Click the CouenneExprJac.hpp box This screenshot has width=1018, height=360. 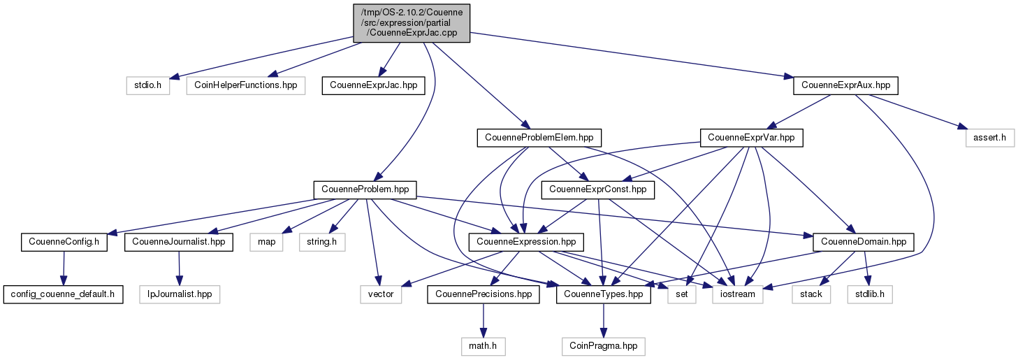(x=372, y=86)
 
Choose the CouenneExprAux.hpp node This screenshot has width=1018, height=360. (x=845, y=86)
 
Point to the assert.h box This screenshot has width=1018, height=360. (x=989, y=138)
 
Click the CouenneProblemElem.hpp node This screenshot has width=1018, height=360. (x=539, y=138)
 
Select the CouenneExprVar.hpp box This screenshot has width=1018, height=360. (x=752, y=138)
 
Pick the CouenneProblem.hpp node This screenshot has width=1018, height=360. (x=365, y=189)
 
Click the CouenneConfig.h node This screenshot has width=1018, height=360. (x=64, y=242)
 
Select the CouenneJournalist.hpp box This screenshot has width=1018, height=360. (x=178, y=242)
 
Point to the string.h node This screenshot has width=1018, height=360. (x=322, y=242)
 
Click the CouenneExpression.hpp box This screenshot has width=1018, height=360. (x=526, y=242)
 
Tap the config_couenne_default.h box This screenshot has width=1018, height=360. (x=63, y=294)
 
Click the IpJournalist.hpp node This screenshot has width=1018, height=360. (x=180, y=294)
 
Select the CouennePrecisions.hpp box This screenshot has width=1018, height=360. (x=483, y=294)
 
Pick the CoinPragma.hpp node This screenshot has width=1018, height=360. (x=604, y=345)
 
